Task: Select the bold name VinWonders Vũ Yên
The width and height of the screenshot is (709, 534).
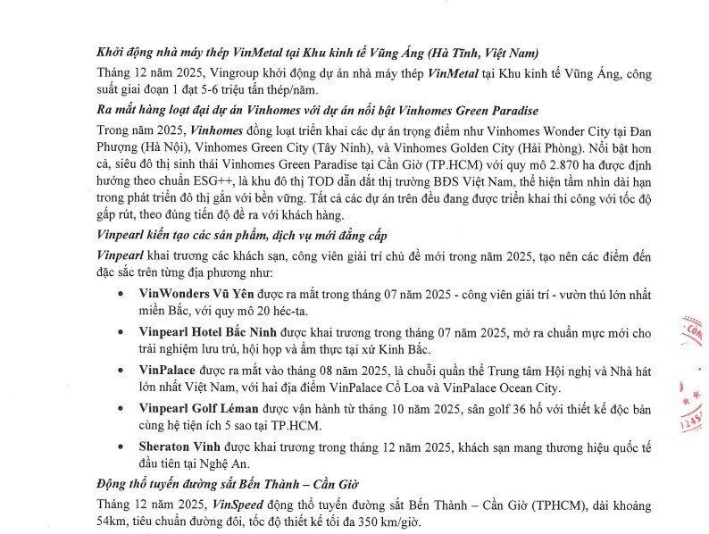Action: click(194, 292)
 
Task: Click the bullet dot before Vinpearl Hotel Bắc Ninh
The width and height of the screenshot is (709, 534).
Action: click(121, 332)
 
